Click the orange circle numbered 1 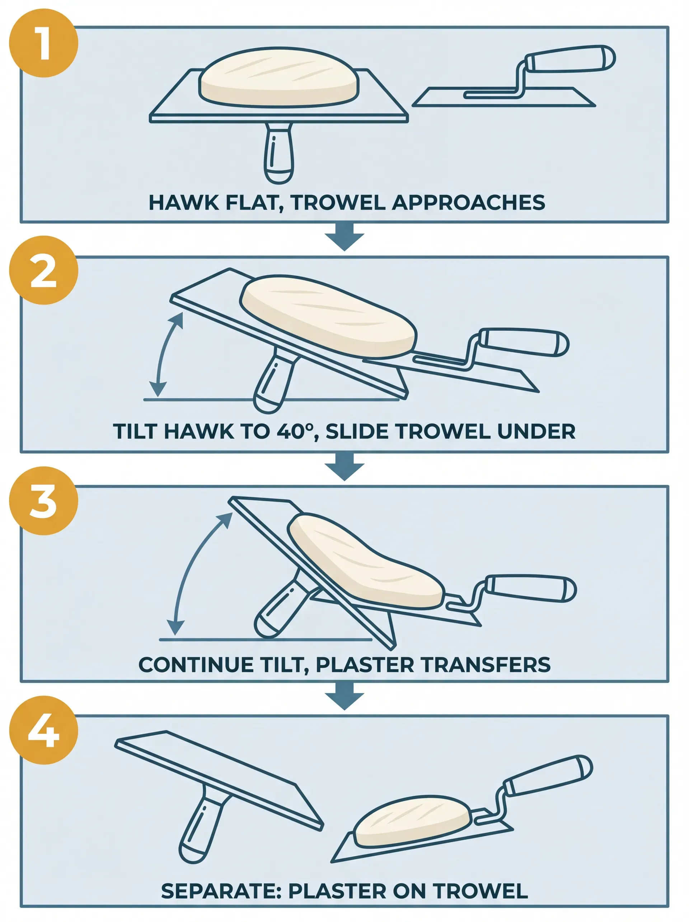[43, 43]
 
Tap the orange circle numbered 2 [43, 270]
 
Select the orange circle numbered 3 [43, 500]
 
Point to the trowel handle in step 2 [524, 342]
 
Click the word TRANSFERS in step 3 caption [486, 665]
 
